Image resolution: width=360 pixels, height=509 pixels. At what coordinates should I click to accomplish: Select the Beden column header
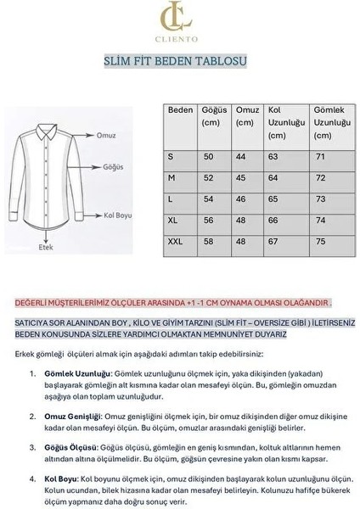(x=181, y=110)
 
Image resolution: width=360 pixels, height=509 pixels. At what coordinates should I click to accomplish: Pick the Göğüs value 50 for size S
(x=208, y=157)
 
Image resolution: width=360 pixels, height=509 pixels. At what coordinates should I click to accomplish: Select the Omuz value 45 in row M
(x=240, y=178)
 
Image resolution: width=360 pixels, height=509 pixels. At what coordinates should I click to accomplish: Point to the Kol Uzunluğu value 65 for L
(x=273, y=199)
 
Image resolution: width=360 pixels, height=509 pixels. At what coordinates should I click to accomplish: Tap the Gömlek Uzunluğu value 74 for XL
(x=320, y=220)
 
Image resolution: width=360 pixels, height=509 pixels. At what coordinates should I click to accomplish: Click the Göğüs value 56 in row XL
(x=208, y=220)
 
